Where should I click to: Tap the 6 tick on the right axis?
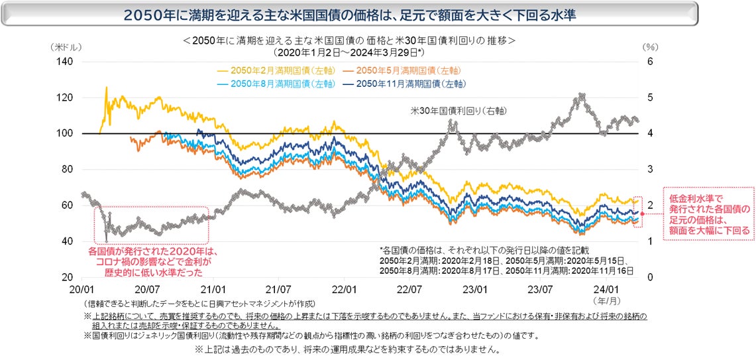[x=650, y=62]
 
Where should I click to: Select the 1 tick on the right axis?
[x=650, y=241]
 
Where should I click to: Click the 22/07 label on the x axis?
[x=409, y=290]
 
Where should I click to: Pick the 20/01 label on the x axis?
[x=81, y=290]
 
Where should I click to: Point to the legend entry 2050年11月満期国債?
[x=405, y=84]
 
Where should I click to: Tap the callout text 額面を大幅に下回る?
[x=710, y=231]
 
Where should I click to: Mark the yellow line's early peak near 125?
[x=106, y=88]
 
